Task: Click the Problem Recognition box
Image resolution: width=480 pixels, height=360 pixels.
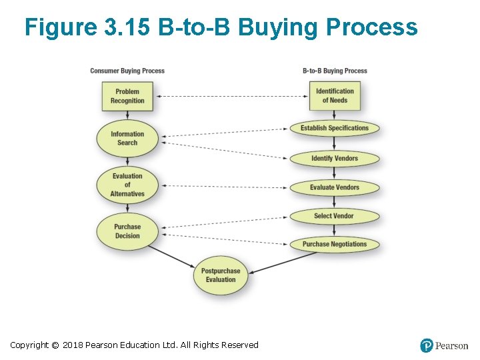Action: coord(127,96)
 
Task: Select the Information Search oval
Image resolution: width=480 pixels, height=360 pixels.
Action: coord(127,138)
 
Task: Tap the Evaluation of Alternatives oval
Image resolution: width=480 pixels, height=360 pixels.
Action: coord(127,185)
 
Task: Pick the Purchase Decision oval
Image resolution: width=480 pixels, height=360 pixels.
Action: coord(127,231)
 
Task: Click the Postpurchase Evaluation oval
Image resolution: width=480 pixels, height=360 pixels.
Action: coord(221,275)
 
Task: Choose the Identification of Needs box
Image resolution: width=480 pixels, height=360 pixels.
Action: coord(335,96)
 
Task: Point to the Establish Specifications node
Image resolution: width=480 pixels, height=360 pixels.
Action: coord(335,128)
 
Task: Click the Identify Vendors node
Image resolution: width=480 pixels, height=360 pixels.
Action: coord(335,159)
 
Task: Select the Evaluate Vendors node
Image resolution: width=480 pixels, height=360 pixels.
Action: coord(335,187)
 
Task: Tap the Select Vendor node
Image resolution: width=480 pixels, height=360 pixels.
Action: coord(335,216)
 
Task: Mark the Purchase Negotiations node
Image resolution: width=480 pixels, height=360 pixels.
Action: coord(335,244)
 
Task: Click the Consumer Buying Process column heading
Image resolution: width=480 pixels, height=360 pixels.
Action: coord(127,71)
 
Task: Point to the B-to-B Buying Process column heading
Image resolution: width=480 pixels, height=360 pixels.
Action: coord(335,71)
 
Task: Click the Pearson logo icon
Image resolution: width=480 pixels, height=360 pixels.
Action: coord(427,345)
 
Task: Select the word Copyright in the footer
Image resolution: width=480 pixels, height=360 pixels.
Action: coord(29,345)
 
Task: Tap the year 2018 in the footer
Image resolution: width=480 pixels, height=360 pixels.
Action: coord(73,345)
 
